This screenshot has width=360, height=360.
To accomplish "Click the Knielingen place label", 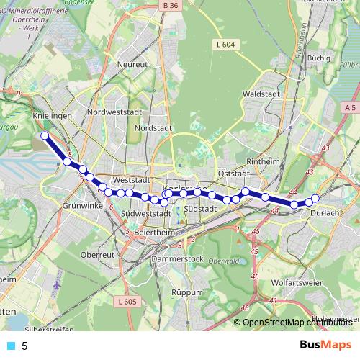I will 52,115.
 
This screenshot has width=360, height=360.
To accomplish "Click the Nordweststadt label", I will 114,113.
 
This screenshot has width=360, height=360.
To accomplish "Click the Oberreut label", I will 98,255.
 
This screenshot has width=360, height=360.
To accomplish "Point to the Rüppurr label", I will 187,293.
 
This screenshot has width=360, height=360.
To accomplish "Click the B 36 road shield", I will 170,6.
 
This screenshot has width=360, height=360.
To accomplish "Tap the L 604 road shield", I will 225,45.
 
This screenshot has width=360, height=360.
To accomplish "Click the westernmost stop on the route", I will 45,135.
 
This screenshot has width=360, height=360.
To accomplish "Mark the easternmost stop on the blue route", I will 315,198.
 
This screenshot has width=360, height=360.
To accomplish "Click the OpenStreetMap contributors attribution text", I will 297,323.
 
